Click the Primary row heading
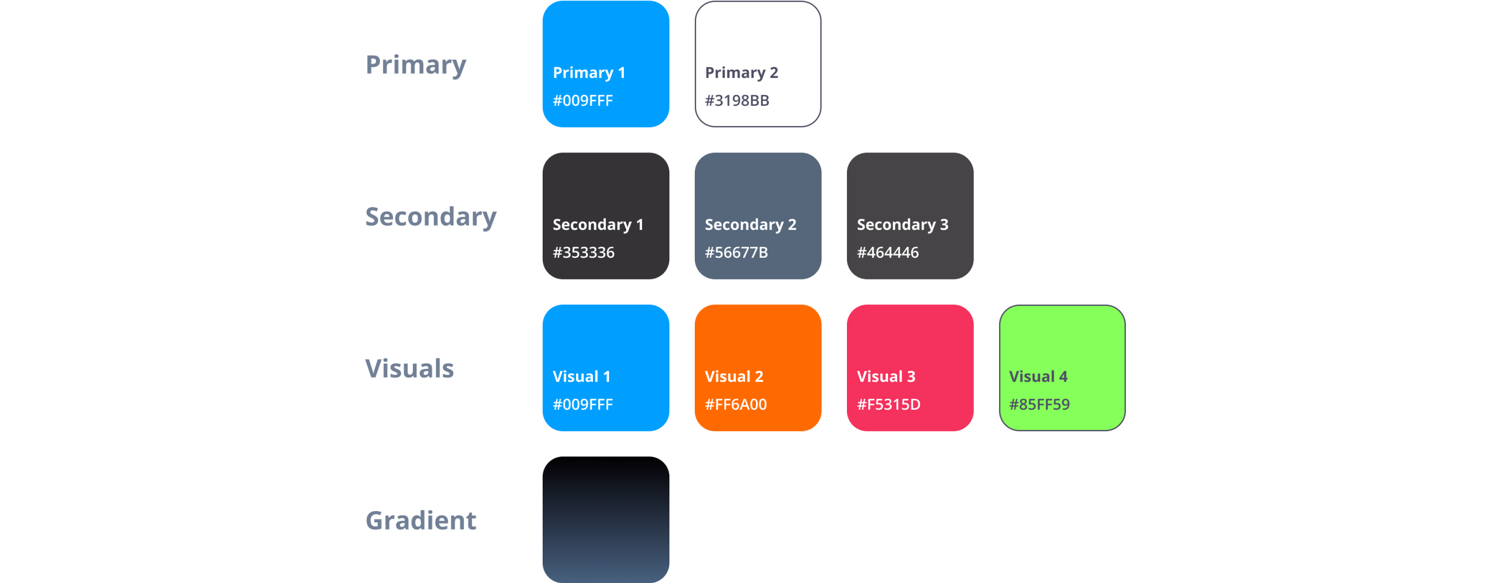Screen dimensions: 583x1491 (x=415, y=65)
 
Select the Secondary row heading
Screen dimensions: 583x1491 (x=431, y=217)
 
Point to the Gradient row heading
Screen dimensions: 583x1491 (x=421, y=521)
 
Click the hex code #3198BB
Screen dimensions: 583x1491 (x=737, y=101)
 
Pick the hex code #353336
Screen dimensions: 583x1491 (x=583, y=253)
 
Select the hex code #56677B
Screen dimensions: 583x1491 (x=736, y=253)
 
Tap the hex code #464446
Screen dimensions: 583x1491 (x=888, y=253)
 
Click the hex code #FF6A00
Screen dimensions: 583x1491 (x=736, y=405)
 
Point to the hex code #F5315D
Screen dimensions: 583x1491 (x=889, y=405)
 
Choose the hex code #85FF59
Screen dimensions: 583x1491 (x=1040, y=405)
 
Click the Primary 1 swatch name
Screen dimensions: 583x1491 (x=589, y=73)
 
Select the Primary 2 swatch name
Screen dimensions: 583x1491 (x=741, y=73)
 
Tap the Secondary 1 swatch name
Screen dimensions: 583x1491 (x=598, y=225)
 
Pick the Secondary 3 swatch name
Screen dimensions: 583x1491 (x=902, y=225)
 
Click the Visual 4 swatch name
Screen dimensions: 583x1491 (x=1039, y=377)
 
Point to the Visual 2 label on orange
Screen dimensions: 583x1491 (x=734, y=377)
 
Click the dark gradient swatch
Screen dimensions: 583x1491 (x=606, y=521)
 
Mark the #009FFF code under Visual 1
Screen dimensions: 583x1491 (x=583, y=405)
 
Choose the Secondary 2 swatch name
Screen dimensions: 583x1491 (x=751, y=225)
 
